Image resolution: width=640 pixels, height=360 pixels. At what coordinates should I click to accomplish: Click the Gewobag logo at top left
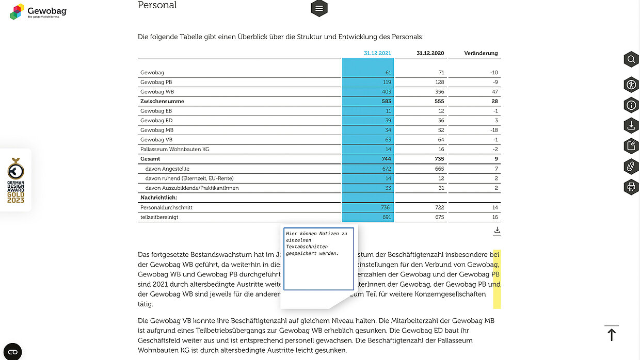[38, 11]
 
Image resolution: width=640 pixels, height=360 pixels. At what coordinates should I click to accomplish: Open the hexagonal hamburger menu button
[319, 8]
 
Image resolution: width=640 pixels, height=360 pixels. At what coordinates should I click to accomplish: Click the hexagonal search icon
[631, 59]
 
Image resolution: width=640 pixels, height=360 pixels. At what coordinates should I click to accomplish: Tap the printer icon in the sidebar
[631, 187]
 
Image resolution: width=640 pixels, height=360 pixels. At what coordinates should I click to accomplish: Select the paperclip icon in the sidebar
[631, 166]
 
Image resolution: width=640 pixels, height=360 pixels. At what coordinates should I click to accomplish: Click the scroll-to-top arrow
[612, 334]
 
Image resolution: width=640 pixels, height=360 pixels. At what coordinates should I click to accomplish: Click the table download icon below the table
[497, 230]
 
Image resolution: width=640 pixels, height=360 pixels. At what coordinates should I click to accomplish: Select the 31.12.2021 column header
[377, 53]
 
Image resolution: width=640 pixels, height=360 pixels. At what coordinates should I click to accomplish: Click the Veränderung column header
[481, 53]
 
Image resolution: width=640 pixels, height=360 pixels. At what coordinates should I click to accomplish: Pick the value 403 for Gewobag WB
[386, 92]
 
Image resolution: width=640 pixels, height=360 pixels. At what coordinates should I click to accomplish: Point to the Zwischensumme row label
[162, 102]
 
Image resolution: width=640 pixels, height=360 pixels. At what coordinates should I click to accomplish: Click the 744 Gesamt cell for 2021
[386, 159]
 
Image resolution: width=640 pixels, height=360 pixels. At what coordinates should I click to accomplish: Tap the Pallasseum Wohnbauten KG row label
[174, 150]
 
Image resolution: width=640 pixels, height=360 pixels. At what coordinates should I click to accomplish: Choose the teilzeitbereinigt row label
[159, 217]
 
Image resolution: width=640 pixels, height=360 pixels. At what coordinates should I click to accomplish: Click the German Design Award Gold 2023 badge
[15, 181]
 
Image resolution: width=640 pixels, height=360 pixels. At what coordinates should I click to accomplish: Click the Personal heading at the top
[157, 6]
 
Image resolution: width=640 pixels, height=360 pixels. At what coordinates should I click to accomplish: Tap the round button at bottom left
[13, 352]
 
